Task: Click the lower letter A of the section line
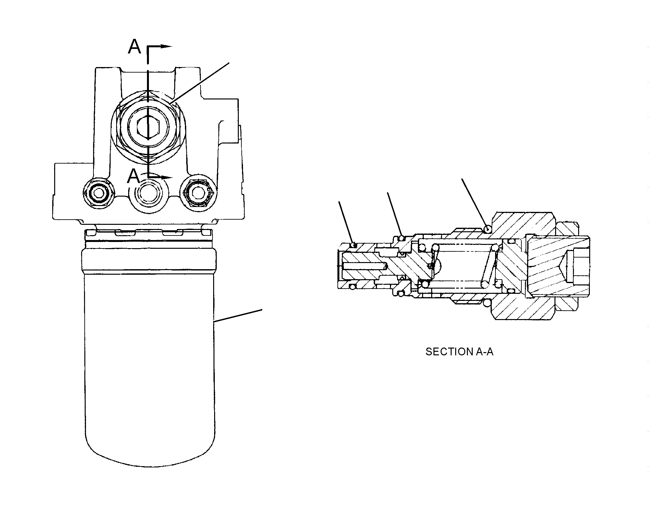click(x=134, y=177)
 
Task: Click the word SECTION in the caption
click(x=449, y=352)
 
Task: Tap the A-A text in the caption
click(x=484, y=352)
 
